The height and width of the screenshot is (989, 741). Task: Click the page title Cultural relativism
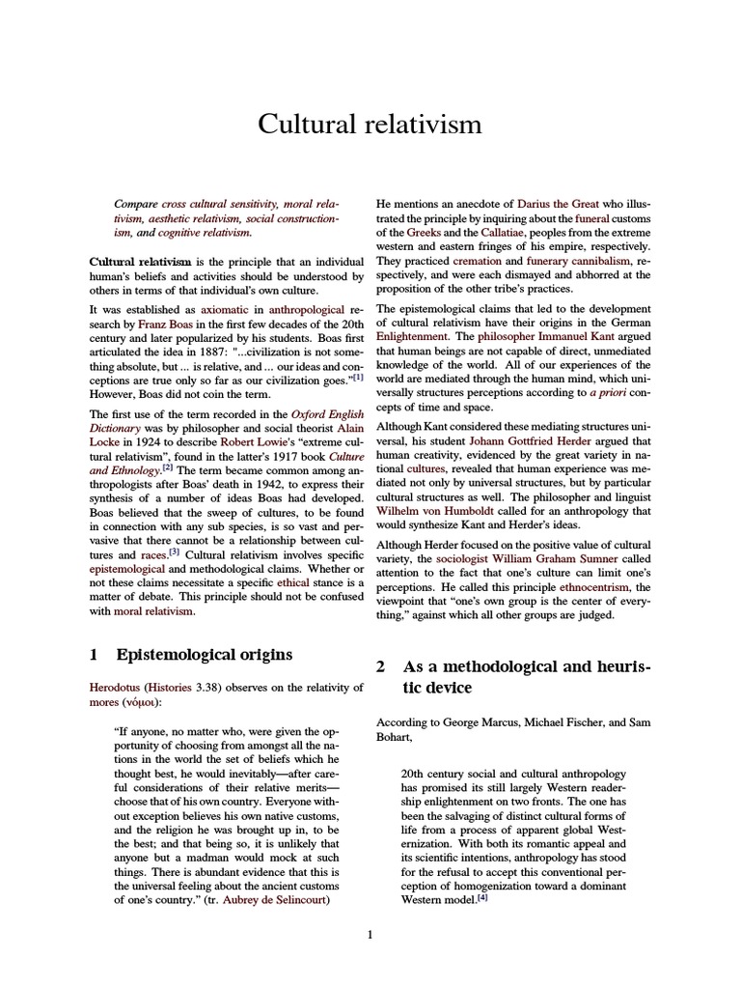tap(370, 125)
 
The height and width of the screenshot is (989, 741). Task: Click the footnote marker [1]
tap(357, 377)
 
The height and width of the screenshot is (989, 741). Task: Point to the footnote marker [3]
tap(175, 552)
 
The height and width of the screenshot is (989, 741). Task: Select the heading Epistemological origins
tap(204, 655)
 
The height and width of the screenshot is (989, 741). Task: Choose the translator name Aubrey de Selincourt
tap(275, 900)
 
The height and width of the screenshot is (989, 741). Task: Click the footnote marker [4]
tap(482, 898)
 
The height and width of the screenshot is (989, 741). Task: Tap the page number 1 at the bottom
tap(370, 934)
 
